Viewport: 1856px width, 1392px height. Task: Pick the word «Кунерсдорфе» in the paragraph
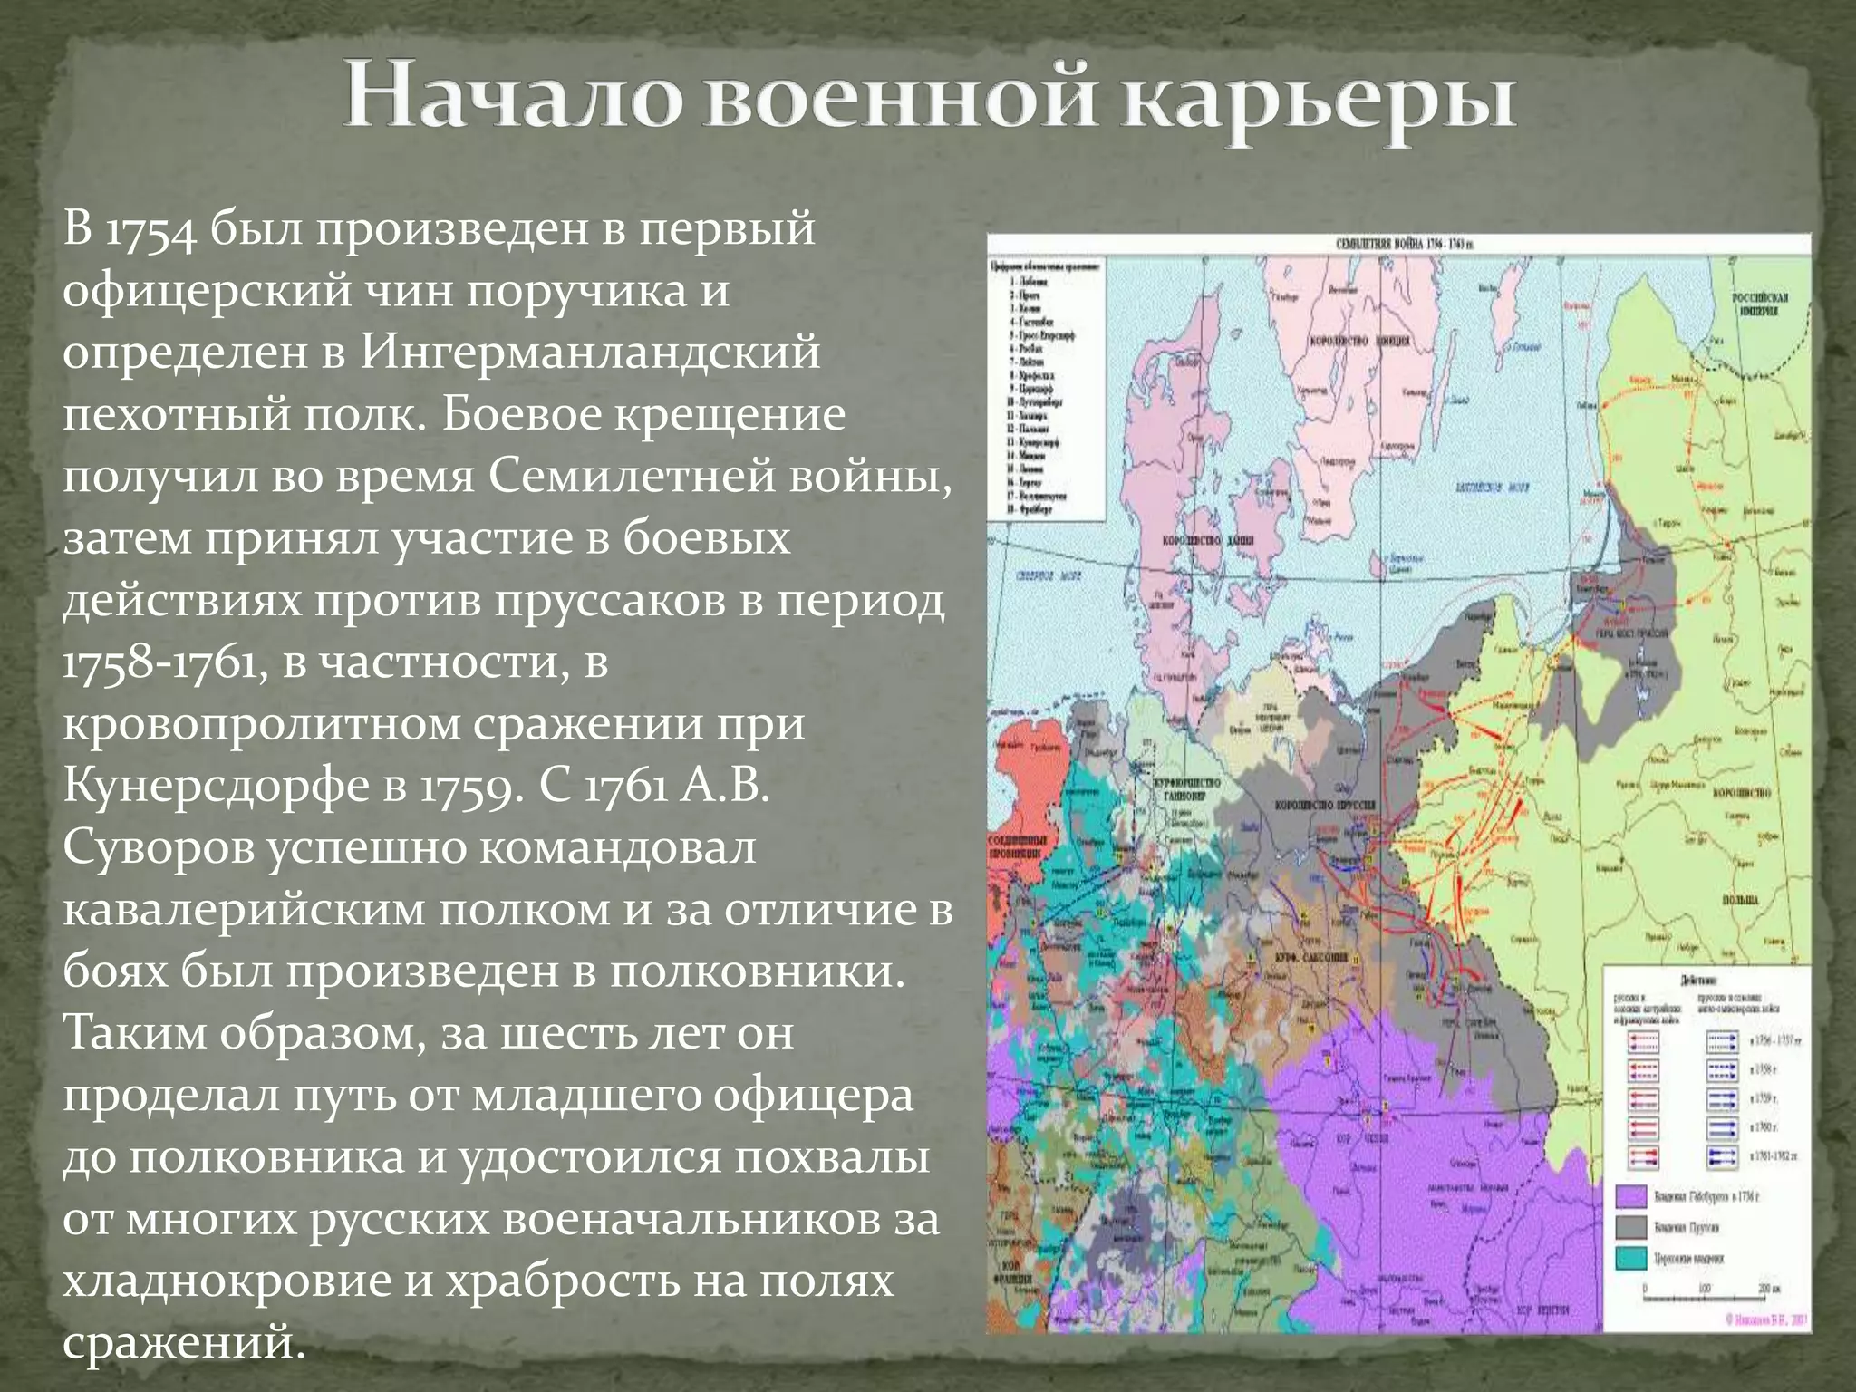tap(217, 786)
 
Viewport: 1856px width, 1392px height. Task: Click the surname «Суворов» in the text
tap(159, 848)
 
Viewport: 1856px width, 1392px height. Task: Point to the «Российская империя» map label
tap(1759, 304)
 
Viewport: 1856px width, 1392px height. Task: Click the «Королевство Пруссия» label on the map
tap(1324, 805)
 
